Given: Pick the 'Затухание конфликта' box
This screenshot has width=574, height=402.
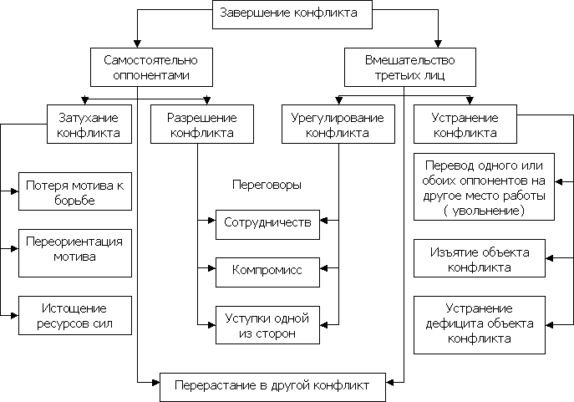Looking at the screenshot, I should [83, 125].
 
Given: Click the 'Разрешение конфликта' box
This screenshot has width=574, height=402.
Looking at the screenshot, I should [201, 125].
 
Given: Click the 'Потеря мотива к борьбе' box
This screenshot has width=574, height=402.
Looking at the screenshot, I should [75, 192].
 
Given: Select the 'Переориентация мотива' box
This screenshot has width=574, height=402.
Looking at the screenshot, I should [75, 249].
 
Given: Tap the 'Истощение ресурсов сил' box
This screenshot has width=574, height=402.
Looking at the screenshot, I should [75, 315].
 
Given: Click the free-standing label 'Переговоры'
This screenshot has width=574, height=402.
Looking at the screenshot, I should [266, 184].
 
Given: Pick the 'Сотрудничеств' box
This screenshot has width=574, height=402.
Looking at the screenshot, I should [267, 223].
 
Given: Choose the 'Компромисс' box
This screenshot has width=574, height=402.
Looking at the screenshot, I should [267, 271].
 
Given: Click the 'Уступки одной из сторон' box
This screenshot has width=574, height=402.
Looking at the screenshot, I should [267, 325].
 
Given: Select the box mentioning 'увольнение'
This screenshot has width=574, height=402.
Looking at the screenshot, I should [485, 188].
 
